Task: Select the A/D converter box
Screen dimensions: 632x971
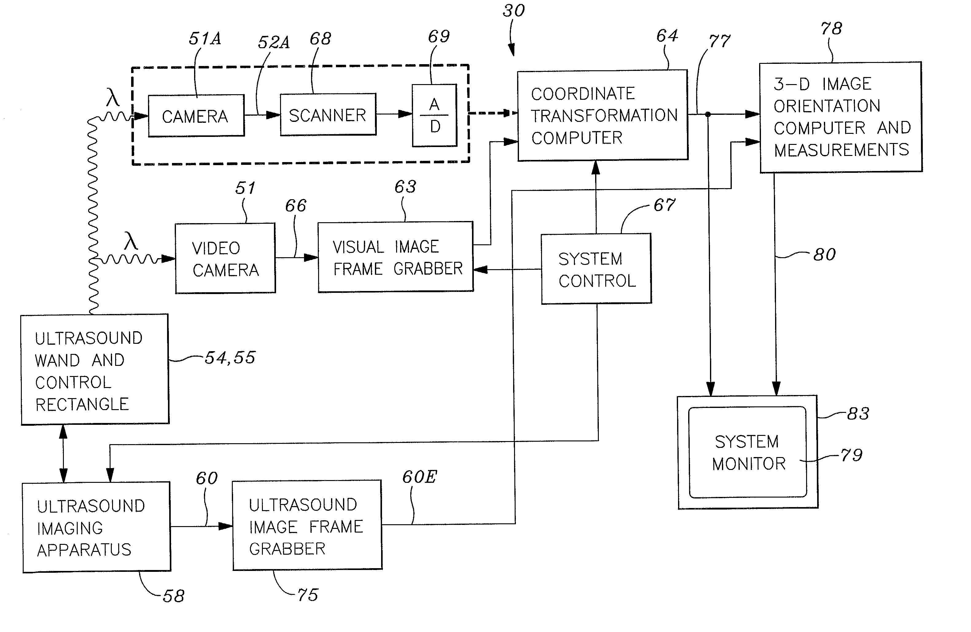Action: tap(434, 115)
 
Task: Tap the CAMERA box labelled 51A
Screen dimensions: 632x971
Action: tap(196, 116)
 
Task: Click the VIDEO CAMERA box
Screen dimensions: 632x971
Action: tap(225, 258)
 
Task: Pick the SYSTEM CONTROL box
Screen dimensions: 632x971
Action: tap(596, 269)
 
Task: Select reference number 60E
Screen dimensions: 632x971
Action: tap(419, 477)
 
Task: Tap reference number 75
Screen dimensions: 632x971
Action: tap(308, 595)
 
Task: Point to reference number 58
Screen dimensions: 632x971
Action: tap(174, 596)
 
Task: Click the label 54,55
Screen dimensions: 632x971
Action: tap(230, 358)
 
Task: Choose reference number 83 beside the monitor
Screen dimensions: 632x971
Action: tap(858, 413)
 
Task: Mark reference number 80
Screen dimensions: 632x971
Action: tap(824, 254)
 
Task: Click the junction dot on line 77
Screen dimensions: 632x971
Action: tap(708, 114)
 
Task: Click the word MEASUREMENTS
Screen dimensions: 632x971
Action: tap(841, 150)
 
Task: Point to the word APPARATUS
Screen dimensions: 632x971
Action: tap(84, 550)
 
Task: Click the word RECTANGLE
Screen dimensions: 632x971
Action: tap(82, 405)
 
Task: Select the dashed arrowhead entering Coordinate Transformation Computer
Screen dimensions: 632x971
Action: tap(511, 113)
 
